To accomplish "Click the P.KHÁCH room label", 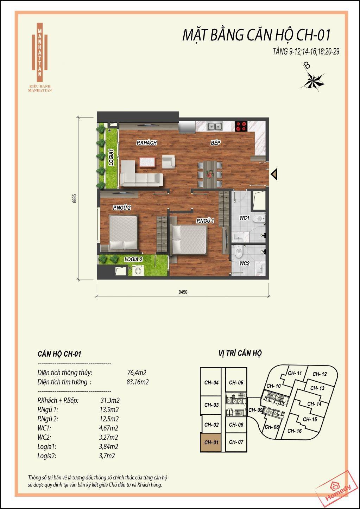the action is click(x=147, y=143).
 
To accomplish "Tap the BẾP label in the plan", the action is click(x=215, y=142).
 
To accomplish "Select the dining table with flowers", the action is click(x=210, y=174).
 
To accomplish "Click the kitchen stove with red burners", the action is click(x=241, y=126).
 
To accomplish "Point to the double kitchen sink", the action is click(x=215, y=127).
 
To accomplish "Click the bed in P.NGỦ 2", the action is click(x=123, y=233).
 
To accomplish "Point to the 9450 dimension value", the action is click(x=183, y=292).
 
